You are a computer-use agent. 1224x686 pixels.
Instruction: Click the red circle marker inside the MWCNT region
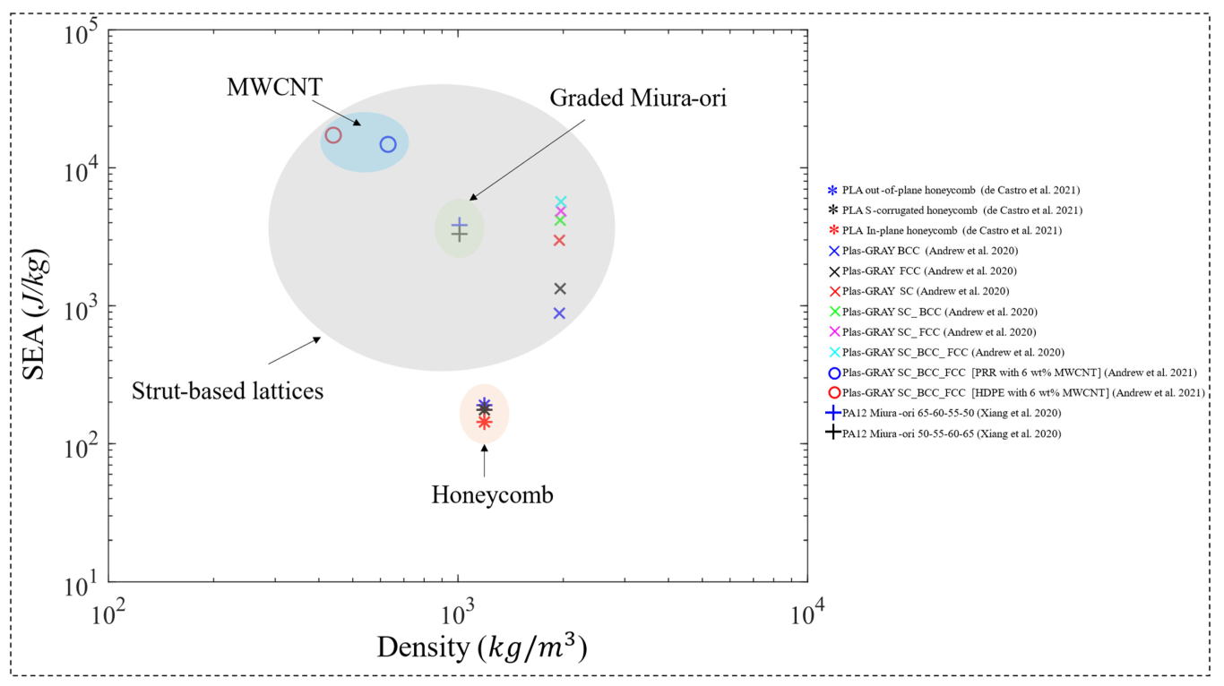coord(333,135)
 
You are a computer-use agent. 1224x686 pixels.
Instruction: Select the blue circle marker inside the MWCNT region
coord(388,144)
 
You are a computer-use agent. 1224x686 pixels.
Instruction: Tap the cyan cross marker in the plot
coord(560,202)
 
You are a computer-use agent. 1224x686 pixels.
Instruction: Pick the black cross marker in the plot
coord(560,288)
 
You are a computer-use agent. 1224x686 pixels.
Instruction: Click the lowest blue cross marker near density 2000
coord(559,313)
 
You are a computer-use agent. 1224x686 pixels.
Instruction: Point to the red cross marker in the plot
coord(559,240)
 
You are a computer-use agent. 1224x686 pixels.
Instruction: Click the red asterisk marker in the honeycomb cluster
coord(484,422)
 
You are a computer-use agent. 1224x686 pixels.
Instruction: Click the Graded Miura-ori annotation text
coord(637,98)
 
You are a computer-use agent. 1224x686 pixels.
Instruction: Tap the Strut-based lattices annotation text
coord(228,390)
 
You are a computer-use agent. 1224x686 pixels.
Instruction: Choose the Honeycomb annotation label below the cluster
coord(492,494)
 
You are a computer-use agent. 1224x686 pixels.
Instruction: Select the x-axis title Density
coord(482,647)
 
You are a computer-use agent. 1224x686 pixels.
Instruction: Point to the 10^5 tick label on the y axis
coord(82,37)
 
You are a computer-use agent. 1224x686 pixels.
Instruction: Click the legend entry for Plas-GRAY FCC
coord(928,270)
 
